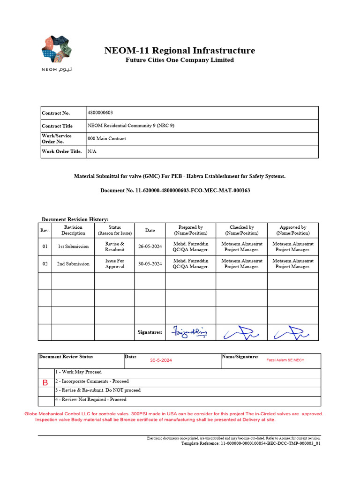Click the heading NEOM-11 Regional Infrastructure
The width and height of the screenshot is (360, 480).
click(180, 51)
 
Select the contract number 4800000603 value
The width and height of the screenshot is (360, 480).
click(100, 113)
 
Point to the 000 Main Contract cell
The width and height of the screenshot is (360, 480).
click(107, 139)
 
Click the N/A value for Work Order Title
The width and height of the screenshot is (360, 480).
click(91, 151)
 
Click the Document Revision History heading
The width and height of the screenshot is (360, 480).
click(75, 219)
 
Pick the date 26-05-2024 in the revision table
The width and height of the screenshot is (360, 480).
click(150, 247)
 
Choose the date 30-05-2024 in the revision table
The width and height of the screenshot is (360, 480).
click(150, 264)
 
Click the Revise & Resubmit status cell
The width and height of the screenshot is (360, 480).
click(114, 247)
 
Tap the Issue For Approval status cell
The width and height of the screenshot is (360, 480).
click(114, 264)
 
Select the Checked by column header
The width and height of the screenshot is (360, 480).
click(241, 230)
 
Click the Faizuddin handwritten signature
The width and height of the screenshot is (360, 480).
click(190, 332)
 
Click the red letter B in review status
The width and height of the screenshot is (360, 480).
click(45, 382)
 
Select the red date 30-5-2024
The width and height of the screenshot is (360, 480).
click(161, 360)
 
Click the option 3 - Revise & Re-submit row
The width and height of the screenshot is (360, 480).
click(98, 390)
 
